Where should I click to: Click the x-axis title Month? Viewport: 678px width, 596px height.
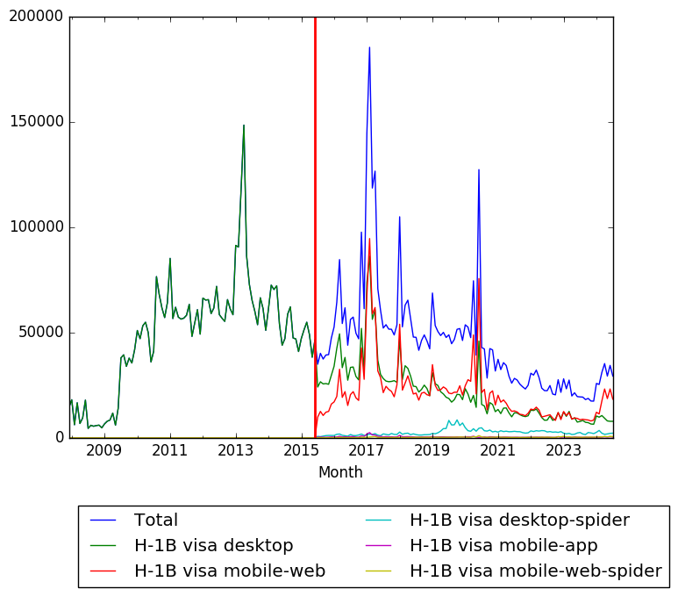point(340,472)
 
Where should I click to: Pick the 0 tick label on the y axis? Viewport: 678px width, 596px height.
point(59,437)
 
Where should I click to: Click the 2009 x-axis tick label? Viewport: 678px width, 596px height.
point(103,451)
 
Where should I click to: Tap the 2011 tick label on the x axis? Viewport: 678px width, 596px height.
point(169,451)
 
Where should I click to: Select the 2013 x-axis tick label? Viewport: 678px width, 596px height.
point(235,451)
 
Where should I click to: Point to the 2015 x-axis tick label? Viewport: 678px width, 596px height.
point(301,451)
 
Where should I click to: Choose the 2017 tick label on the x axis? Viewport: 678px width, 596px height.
point(367,451)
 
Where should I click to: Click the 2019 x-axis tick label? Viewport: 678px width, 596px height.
point(432,451)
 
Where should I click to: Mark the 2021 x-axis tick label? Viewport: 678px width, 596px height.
point(498,451)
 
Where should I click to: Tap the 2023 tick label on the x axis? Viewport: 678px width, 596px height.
point(564,451)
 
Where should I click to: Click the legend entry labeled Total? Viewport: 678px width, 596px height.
point(155,520)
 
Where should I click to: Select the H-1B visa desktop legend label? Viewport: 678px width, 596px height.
point(213,545)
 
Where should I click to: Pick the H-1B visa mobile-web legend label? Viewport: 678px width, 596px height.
point(229,571)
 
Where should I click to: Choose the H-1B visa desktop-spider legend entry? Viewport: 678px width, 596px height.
point(519,520)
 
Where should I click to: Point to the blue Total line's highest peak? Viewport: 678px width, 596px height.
point(369,47)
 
